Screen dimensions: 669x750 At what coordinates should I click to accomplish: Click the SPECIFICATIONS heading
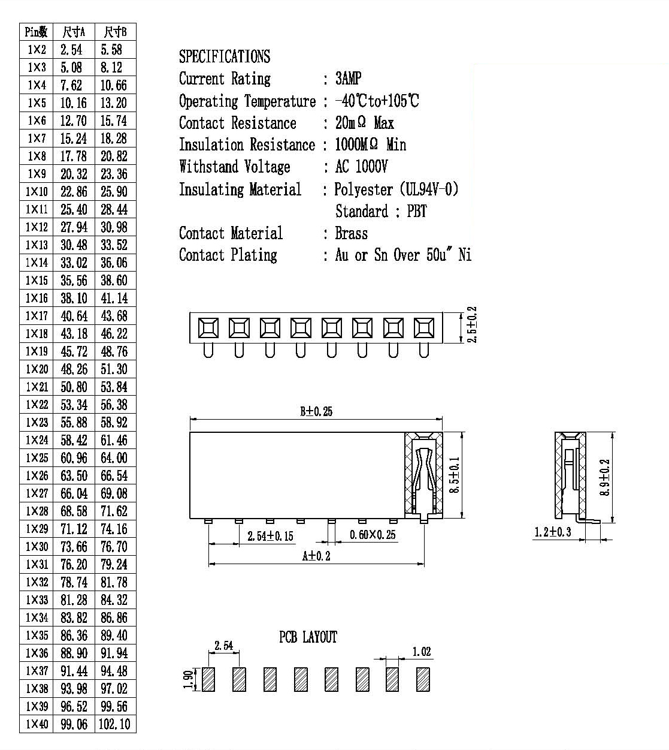click(x=225, y=56)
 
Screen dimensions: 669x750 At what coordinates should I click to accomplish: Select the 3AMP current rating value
click(x=348, y=78)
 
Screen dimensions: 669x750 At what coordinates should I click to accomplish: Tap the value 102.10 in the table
click(x=114, y=724)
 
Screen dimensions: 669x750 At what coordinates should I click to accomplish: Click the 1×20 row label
click(x=37, y=369)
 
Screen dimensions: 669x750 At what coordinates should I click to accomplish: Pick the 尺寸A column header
click(x=74, y=32)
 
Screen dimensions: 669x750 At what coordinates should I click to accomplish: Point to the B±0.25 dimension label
click(x=316, y=411)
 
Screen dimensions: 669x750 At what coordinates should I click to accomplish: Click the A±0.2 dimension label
click(x=316, y=556)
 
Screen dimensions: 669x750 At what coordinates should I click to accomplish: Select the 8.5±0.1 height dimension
click(x=454, y=475)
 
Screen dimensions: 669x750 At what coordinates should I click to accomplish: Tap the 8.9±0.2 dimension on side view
click(x=605, y=477)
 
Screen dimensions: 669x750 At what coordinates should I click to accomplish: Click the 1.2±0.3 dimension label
click(x=552, y=532)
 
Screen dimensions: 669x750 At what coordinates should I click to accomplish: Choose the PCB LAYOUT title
click(x=308, y=637)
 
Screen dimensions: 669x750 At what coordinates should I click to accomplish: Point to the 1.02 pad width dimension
click(x=422, y=652)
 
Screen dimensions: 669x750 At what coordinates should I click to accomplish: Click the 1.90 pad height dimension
click(x=188, y=680)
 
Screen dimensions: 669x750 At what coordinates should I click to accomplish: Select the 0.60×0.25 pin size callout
click(x=373, y=535)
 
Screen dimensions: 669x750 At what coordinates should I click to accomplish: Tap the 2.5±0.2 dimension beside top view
click(x=472, y=325)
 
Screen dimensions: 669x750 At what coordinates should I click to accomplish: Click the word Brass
click(x=352, y=234)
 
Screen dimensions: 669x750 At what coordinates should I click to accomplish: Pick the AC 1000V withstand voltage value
click(x=361, y=167)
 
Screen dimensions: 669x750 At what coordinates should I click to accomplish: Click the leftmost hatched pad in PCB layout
click(x=208, y=679)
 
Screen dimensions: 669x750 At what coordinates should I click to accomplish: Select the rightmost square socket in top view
click(x=424, y=328)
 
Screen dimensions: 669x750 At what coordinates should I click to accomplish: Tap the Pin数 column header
click(x=37, y=32)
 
